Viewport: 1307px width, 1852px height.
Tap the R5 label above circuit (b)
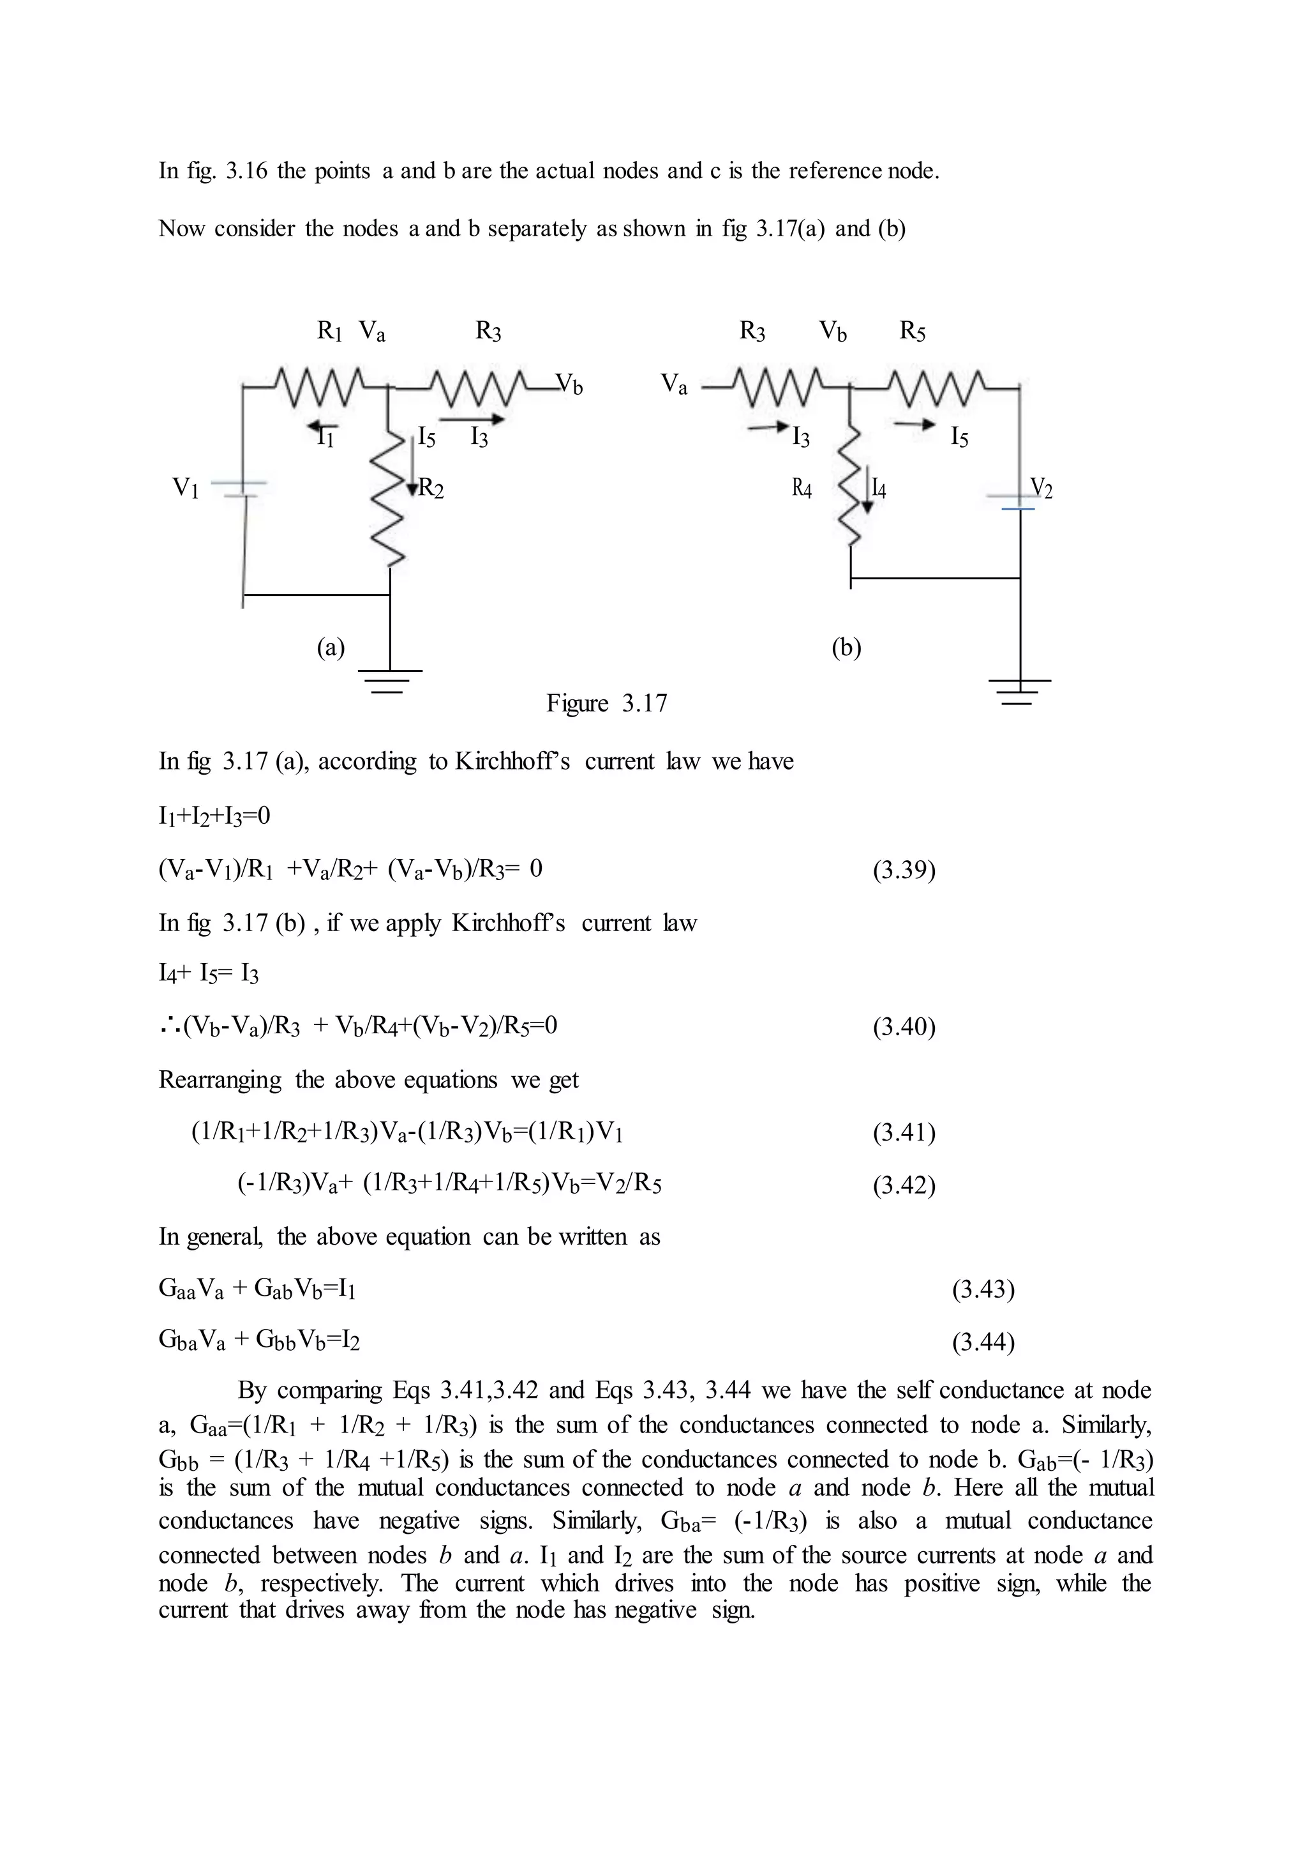click(912, 331)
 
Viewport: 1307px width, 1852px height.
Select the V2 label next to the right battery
click(1042, 488)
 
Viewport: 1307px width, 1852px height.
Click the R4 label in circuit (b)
click(802, 488)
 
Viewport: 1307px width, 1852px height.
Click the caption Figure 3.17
click(606, 703)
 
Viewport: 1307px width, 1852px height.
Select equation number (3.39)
click(904, 870)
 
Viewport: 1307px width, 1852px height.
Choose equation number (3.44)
click(983, 1342)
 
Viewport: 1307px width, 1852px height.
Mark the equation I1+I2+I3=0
click(214, 816)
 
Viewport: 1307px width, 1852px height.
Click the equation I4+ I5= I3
click(209, 975)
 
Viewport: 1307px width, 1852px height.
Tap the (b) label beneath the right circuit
click(846, 647)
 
